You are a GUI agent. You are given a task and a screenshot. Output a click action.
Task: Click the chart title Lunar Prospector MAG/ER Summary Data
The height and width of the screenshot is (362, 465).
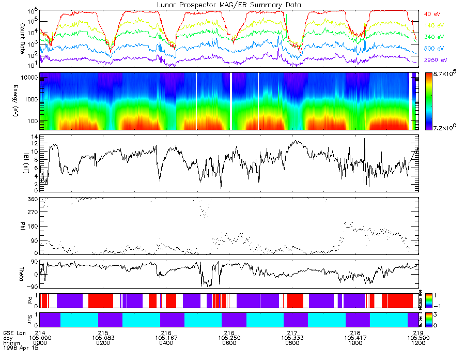(x=229, y=5)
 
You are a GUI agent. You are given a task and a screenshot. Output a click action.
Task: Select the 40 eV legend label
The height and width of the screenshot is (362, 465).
(x=432, y=14)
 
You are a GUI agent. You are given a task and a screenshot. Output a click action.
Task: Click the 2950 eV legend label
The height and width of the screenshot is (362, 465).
(x=436, y=60)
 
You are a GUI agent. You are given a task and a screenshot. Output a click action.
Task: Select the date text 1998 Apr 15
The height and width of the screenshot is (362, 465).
(x=18, y=349)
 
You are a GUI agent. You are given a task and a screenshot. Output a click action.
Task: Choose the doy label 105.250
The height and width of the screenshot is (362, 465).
(x=229, y=337)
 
